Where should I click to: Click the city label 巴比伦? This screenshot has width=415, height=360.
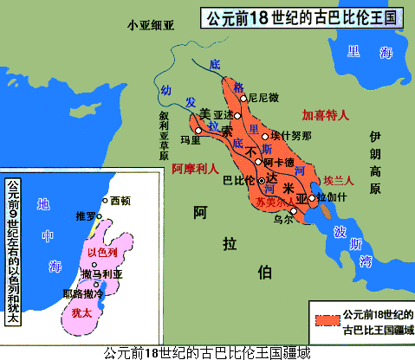point(238,181)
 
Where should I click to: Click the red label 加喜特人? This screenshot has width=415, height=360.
point(323,114)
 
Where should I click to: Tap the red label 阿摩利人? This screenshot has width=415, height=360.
point(195,169)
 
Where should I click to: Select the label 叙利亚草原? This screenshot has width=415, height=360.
point(163,134)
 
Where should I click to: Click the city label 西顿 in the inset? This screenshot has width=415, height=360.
point(121,200)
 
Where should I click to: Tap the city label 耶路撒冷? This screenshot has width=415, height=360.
point(78,293)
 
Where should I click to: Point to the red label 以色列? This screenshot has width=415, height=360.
point(102,253)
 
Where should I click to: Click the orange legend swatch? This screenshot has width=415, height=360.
point(327,321)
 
